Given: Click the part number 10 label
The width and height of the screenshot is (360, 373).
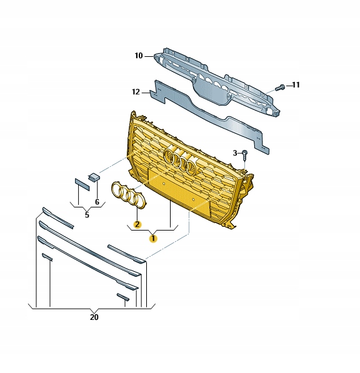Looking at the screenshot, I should [139, 56].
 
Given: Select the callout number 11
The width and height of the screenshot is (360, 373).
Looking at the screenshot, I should [296, 84].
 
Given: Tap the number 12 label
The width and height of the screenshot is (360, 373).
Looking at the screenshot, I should [136, 92].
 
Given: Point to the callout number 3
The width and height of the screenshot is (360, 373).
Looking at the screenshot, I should [235, 152].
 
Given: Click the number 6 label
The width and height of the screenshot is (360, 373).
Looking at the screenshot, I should [97, 202].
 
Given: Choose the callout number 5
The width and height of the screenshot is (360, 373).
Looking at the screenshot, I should [87, 216].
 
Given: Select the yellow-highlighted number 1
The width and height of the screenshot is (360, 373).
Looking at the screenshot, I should [152, 237].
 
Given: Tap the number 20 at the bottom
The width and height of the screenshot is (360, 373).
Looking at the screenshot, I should [94, 318].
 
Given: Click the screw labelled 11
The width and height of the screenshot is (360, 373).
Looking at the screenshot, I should [281, 85].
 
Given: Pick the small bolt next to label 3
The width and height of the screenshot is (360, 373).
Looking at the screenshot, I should [245, 153].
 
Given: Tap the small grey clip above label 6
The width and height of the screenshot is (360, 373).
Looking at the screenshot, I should [93, 177].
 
